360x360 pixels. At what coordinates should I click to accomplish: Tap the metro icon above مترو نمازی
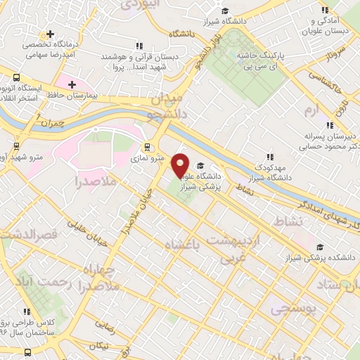tap(147, 147)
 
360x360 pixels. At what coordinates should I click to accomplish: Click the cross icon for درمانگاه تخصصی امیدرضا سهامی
tap(50, 34)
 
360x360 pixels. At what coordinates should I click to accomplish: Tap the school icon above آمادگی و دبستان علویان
tap(324, 11)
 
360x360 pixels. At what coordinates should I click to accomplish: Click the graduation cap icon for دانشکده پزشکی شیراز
tap(321, 247)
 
